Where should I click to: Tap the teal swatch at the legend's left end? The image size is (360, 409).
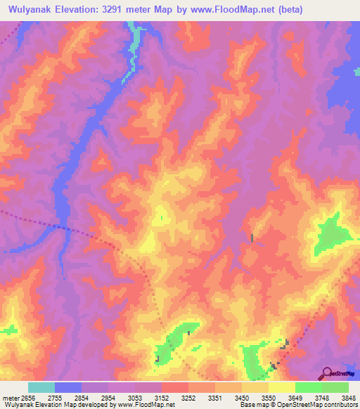coord(41,387)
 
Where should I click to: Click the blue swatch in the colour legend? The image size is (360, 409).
coord(68,387)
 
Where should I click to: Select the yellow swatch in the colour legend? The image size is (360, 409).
coord(282,387)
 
